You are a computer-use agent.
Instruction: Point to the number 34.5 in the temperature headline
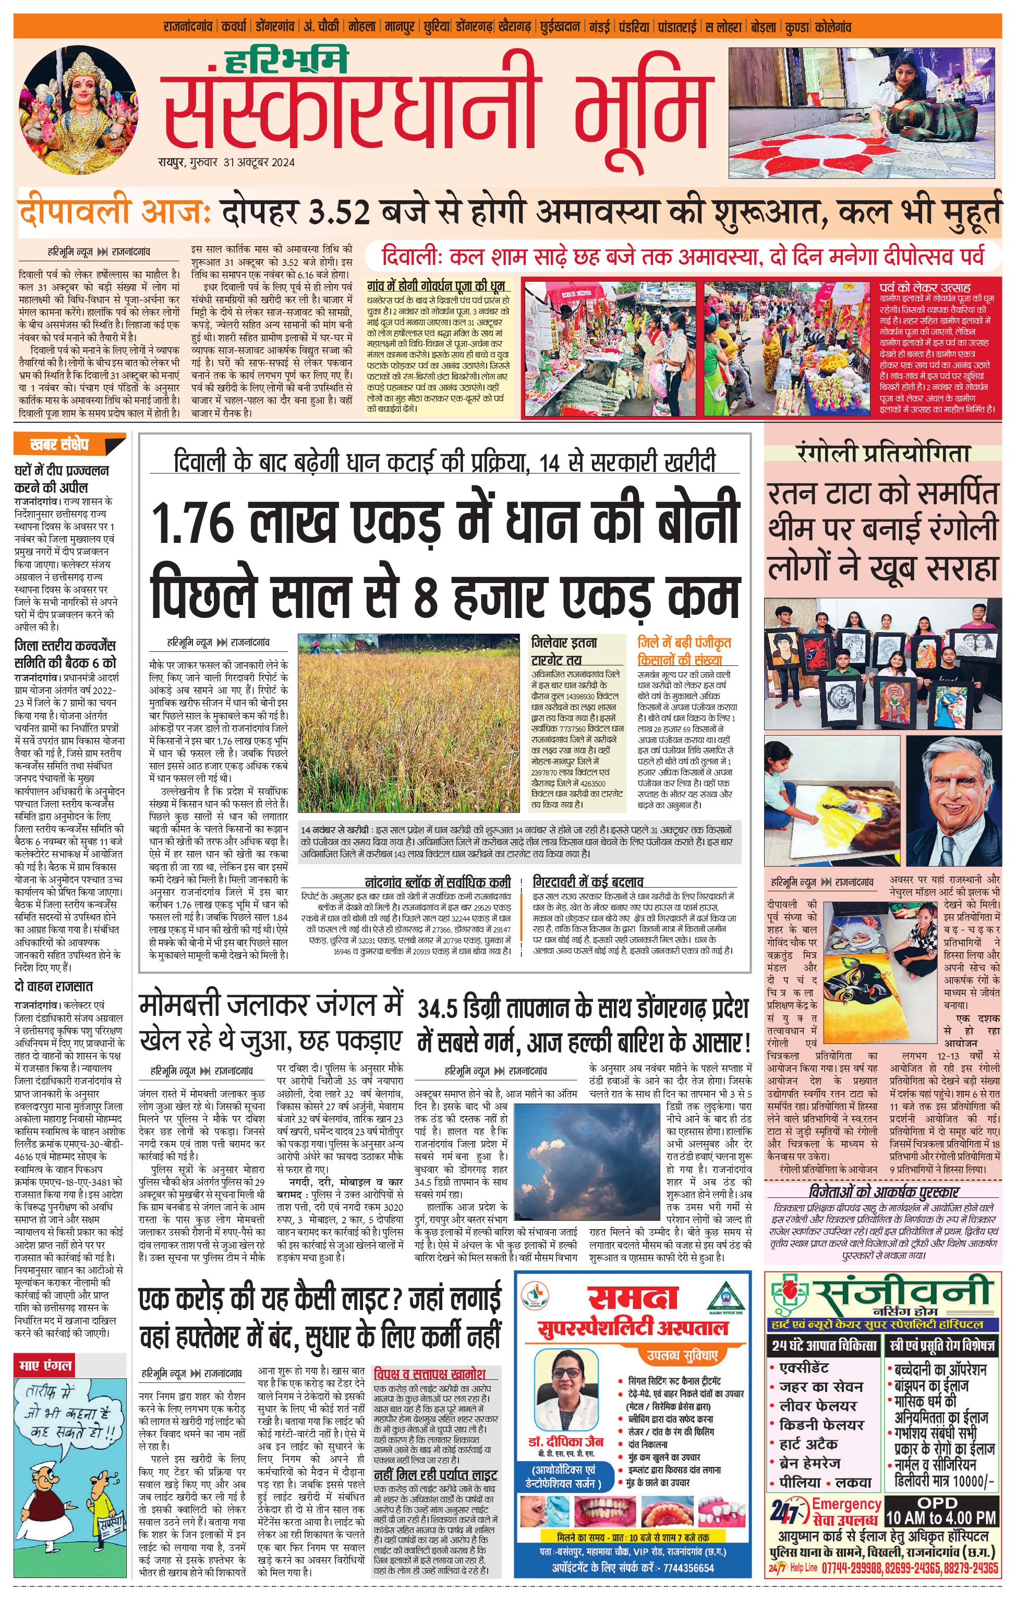[445, 1009]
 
